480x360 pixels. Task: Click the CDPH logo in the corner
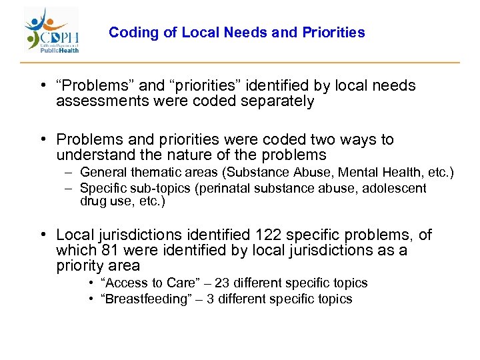52,31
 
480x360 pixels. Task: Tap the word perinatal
220,188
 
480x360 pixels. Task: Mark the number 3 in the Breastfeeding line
211,299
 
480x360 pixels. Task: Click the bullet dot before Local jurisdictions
42,235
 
